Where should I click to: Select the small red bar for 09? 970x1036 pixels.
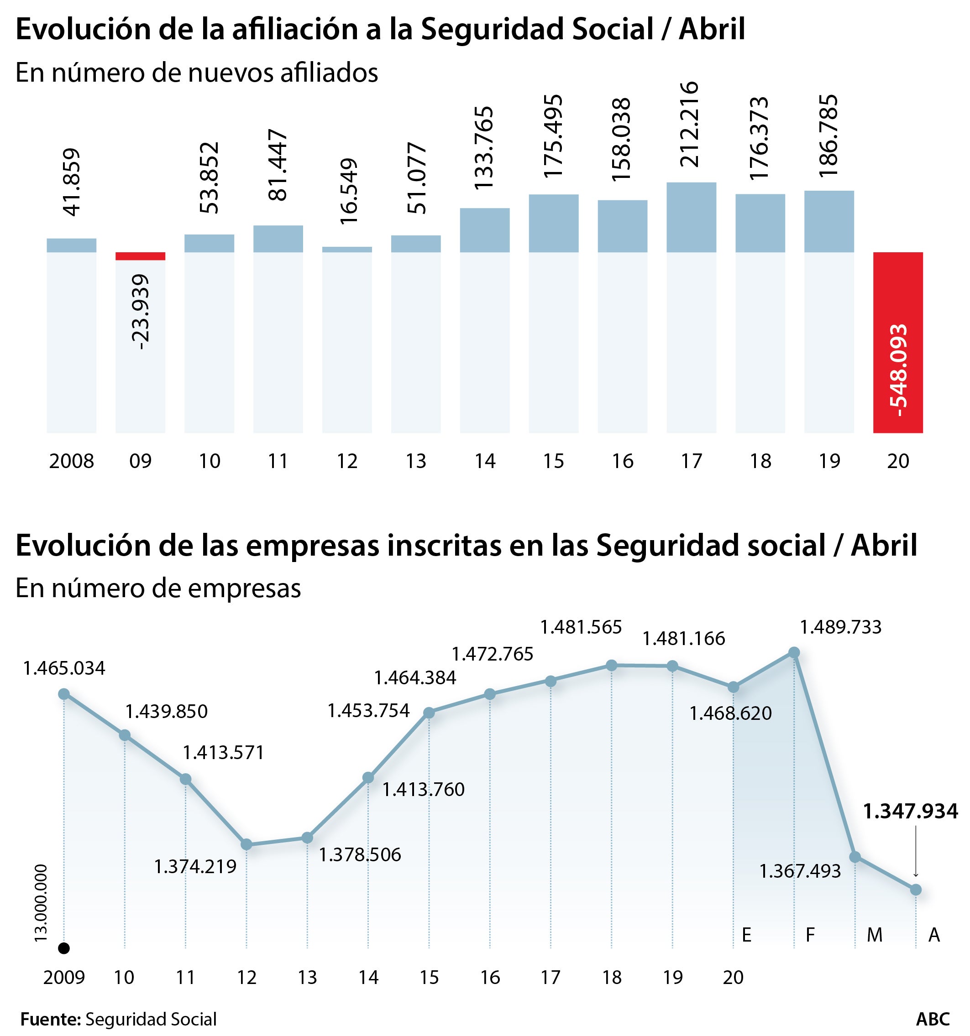click(140, 256)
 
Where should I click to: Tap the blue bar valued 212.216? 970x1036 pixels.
click(691, 217)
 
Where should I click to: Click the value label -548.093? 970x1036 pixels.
click(898, 370)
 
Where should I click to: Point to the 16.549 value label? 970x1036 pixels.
click(348, 191)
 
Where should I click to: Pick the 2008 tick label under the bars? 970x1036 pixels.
click(72, 461)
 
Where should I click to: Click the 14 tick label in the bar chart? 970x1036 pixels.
click(484, 461)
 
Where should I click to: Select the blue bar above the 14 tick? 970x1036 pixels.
click(484, 230)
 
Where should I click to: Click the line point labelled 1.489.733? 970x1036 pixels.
click(794, 652)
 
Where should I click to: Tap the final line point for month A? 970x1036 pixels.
click(915, 890)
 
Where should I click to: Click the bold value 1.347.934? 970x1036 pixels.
click(910, 812)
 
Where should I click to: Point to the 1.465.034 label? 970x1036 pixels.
click(64, 668)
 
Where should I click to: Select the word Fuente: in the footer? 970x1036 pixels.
click(50, 1019)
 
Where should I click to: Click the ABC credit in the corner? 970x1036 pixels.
click(933, 1019)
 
